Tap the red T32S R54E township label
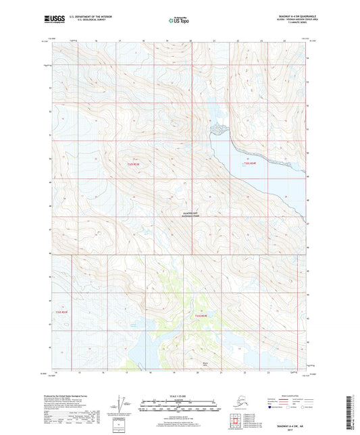click(250, 163)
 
